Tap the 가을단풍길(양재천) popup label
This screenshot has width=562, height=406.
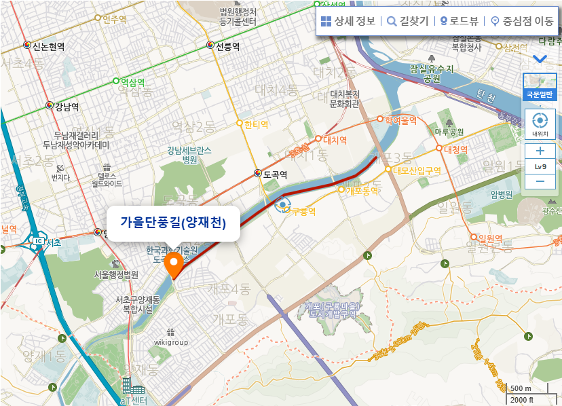pyautogui.click(x=173, y=222)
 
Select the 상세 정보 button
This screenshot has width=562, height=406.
pyautogui.click(x=348, y=21)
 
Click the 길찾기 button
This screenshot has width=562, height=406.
pyautogui.click(x=407, y=21)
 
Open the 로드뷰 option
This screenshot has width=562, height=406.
pyautogui.click(x=464, y=21)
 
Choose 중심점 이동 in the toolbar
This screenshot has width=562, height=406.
pyautogui.click(x=522, y=21)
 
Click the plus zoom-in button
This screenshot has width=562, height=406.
pyautogui.click(x=540, y=150)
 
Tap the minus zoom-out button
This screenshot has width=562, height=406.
pyautogui.click(x=540, y=181)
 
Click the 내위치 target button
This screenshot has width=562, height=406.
pyautogui.click(x=540, y=124)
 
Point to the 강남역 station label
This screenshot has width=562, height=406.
pyautogui.click(x=67, y=107)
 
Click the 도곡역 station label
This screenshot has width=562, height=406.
pyautogui.click(x=276, y=174)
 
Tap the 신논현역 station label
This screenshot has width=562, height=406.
pyautogui.click(x=48, y=46)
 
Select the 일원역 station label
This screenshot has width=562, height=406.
pyautogui.click(x=489, y=238)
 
